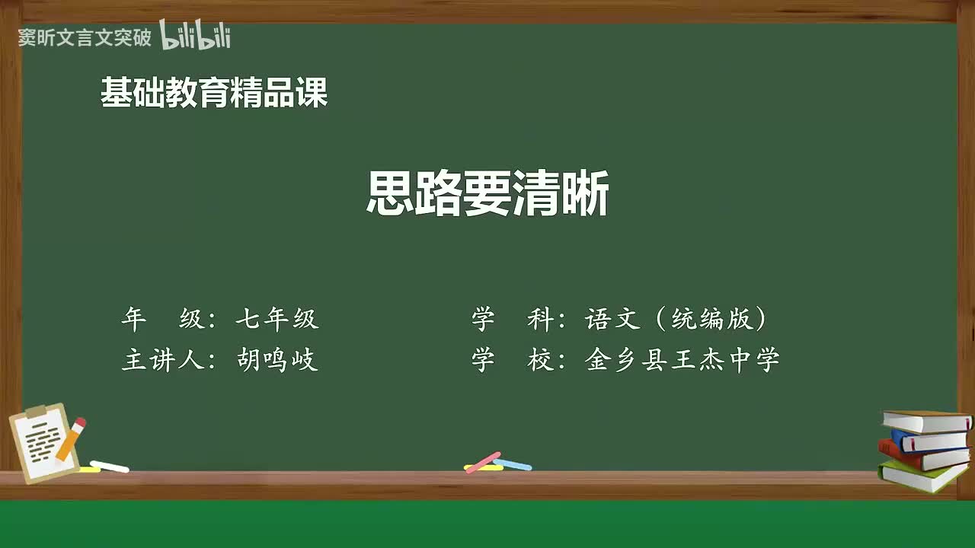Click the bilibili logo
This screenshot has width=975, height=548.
195,36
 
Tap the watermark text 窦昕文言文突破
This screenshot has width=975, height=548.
85,37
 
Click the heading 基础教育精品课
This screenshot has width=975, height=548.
214,93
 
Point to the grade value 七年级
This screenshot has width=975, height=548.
277,319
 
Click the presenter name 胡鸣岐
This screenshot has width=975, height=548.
277,359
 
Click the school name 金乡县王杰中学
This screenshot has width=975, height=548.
682,359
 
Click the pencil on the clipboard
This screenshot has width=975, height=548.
71,439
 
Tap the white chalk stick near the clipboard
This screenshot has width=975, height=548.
109,466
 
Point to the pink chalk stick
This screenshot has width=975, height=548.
482,461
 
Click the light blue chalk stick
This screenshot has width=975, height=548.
513,464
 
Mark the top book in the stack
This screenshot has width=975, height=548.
926,422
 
